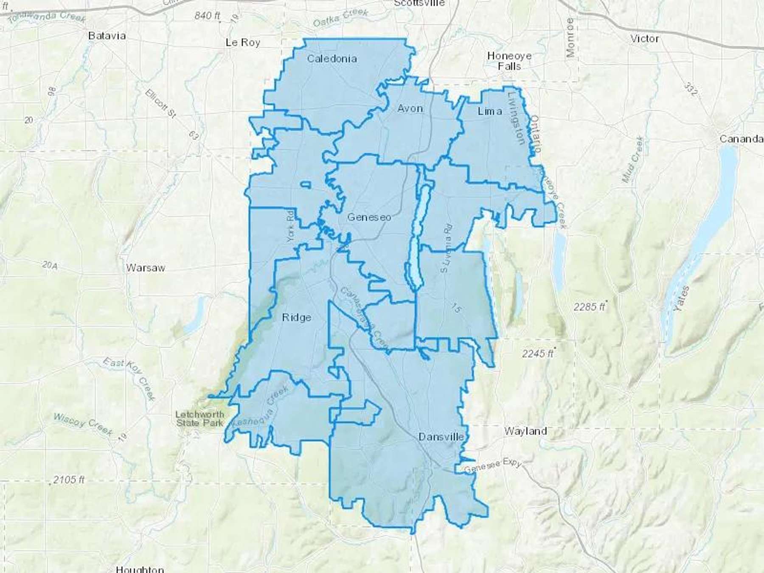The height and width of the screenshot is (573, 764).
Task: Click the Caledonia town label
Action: coord(331,59)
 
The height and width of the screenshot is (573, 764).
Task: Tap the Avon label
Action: coord(410,109)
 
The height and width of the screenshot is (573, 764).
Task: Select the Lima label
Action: coord(490,112)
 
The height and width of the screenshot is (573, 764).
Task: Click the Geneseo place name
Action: coord(369,217)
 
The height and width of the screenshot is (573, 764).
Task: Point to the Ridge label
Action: coord(296,317)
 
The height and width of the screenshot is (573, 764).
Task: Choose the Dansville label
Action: coord(441,437)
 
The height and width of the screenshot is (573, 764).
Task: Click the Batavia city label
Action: coord(107,36)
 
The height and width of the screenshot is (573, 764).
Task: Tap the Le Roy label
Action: coord(243,42)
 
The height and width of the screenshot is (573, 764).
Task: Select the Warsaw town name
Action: coord(146,268)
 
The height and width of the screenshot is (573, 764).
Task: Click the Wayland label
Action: coord(525,431)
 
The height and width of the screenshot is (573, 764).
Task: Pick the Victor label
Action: coord(644,39)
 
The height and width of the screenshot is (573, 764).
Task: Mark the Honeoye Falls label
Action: coord(509,61)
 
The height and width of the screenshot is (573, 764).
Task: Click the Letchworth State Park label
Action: coord(199,419)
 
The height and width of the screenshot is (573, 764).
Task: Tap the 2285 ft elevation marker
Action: coord(590,306)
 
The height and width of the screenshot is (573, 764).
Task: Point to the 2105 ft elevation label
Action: coord(69,480)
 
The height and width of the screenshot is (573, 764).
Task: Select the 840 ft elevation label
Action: coord(207,16)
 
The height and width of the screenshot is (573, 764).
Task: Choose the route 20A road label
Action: coord(50,265)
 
